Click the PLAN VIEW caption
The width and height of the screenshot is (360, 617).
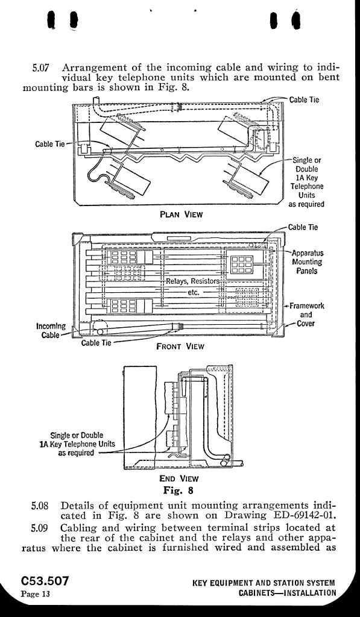tap(181, 215)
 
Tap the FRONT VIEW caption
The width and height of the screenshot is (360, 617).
tap(180, 346)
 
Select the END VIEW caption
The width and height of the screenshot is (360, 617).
tap(179, 478)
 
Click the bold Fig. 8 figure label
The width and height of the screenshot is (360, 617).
tap(178, 490)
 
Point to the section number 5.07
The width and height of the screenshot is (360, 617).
tap(40, 67)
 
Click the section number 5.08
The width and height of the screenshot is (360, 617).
tap(40, 506)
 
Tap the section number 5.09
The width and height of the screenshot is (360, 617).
tap(40, 527)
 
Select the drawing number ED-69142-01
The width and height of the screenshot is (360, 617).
tap(303, 515)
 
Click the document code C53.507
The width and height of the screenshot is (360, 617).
tap(45, 581)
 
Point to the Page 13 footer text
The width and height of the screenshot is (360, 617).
tap(36, 594)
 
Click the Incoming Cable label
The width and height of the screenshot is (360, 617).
tap(51, 331)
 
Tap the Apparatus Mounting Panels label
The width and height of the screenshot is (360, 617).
tap(307, 262)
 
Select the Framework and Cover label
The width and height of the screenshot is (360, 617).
tap(306, 315)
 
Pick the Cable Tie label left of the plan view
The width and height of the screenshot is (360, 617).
tap(49, 143)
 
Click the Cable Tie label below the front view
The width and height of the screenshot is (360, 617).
tap(96, 342)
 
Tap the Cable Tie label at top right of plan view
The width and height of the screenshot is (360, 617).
tap(304, 99)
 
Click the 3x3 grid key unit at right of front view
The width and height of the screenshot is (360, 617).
tap(242, 265)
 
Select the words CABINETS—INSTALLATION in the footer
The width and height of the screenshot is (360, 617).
tap(288, 593)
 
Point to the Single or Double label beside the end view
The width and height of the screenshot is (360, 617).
tap(77, 435)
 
